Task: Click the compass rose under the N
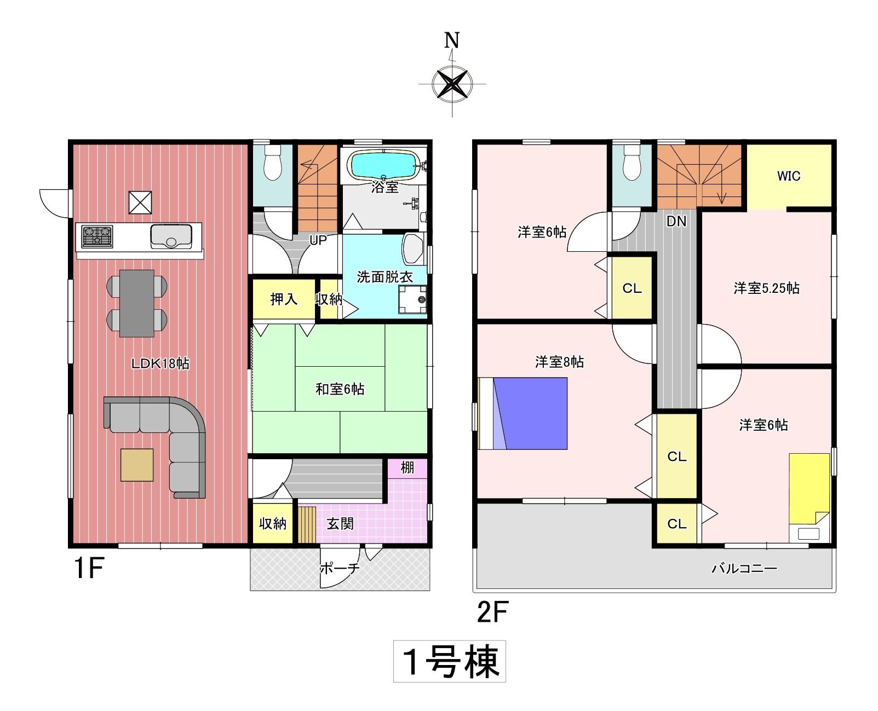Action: click(452, 84)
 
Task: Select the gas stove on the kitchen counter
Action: click(97, 236)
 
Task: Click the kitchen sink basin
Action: click(171, 236)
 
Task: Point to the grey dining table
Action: click(137, 303)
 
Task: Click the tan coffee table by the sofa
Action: click(137, 465)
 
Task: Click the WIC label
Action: click(789, 176)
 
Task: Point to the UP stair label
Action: click(318, 240)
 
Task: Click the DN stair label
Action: click(676, 221)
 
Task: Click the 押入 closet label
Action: click(284, 299)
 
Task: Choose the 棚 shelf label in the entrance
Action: click(408, 467)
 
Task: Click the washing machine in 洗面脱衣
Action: click(412, 299)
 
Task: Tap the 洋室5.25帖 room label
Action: click(766, 288)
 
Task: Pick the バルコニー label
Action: click(744, 569)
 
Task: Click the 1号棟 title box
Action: click(449, 661)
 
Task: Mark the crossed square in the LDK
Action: click(140, 203)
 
